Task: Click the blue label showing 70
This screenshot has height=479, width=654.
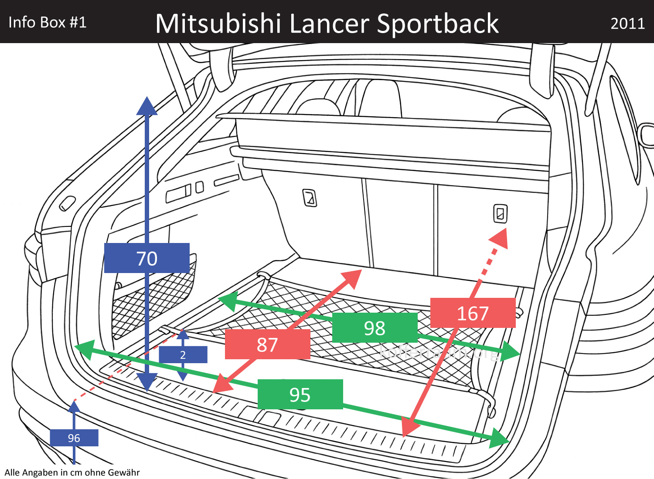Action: pyautogui.click(x=147, y=258)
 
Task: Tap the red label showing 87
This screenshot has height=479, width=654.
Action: pyautogui.click(x=267, y=344)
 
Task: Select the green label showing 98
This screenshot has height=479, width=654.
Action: pyautogui.click(x=375, y=328)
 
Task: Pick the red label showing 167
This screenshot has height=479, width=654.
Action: pyautogui.click(x=473, y=313)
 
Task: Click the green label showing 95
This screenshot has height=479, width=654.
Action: pyautogui.click(x=300, y=395)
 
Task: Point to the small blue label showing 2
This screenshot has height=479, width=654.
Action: pyautogui.click(x=183, y=355)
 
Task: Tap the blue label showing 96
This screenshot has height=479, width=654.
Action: pyautogui.click(x=74, y=438)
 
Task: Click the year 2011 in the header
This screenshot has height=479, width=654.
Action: pyautogui.click(x=627, y=24)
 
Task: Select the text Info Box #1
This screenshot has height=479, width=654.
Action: pyautogui.click(x=48, y=22)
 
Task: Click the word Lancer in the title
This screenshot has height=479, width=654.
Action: pyautogui.click(x=329, y=24)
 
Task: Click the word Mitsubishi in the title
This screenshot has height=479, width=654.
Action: pyautogui.click(x=218, y=24)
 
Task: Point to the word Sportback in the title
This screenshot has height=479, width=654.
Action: pyautogui.click(x=438, y=24)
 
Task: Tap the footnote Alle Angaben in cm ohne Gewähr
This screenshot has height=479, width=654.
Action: pyautogui.click(x=72, y=472)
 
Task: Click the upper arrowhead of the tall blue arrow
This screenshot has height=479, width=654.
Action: pyautogui.click(x=147, y=107)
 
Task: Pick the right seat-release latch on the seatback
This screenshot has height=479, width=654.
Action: pyautogui.click(x=500, y=213)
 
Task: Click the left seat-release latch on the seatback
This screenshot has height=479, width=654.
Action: pyautogui.click(x=310, y=198)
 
